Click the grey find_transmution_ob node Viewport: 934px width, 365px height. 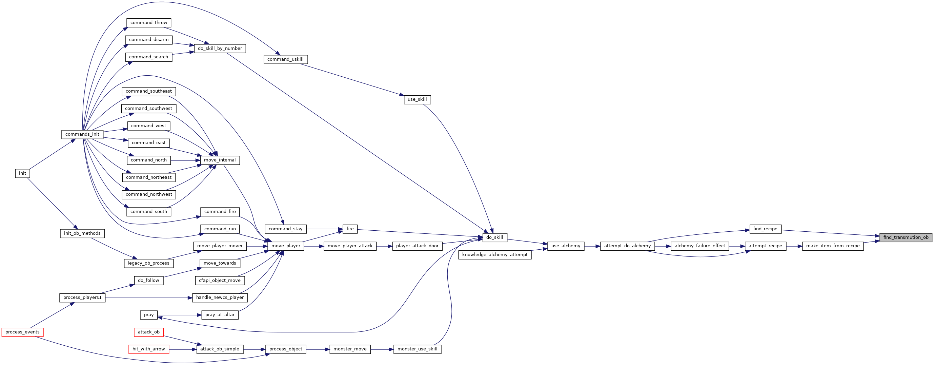pyautogui.click(x=906, y=237)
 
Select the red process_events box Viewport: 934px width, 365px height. pyautogui.click(x=22, y=332)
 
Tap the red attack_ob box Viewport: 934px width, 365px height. pyautogui.click(x=149, y=332)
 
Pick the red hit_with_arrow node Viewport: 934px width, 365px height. pyautogui.click(x=149, y=349)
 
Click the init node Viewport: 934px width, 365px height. pyautogui.click(x=22, y=173)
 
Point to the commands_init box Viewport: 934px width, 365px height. pyautogui.click(x=82, y=134)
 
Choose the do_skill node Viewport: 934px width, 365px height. pyautogui.click(x=494, y=237)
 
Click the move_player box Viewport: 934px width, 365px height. pyautogui.click(x=286, y=246)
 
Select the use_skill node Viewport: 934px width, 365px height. pyautogui.click(x=417, y=99)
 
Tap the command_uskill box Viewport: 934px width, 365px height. pyautogui.click(x=286, y=59)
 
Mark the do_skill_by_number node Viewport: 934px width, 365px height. pyautogui.click(x=220, y=48)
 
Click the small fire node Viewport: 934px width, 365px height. pyautogui.click(x=350, y=229)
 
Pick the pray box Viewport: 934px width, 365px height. pyautogui.click(x=149, y=315)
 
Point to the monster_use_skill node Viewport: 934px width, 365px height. pyautogui.click(x=417, y=349)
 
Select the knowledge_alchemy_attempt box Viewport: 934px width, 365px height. pyautogui.click(x=495, y=255)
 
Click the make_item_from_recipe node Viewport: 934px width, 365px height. pyautogui.click(x=833, y=246)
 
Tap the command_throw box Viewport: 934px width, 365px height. pyautogui.click(x=149, y=23)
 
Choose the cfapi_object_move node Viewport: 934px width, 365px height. pyautogui.click(x=220, y=281)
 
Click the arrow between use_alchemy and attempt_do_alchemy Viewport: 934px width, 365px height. pyautogui.click(x=592, y=246)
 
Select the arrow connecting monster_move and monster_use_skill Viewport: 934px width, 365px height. pyautogui.click(x=382, y=349)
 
